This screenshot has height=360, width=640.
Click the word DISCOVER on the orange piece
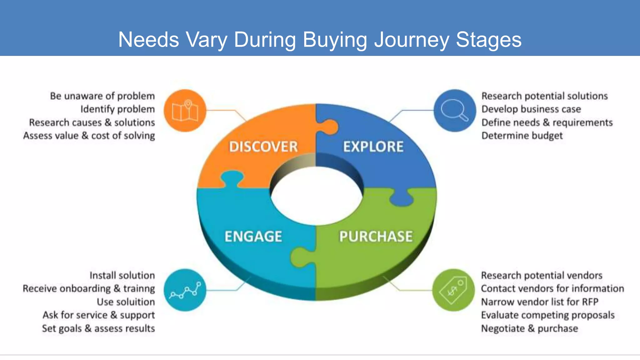pyautogui.click(x=263, y=147)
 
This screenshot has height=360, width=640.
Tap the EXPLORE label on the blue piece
pyautogui.click(x=373, y=147)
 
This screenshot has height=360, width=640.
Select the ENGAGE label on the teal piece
pyautogui.click(x=253, y=236)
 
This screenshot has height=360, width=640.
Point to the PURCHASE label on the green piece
pyautogui.click(x=376, y=236)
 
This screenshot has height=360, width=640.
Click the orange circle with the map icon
pyautogui.click(x=185, y=111)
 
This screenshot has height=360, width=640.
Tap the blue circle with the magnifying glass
pyautogui.click(x=455, y=111)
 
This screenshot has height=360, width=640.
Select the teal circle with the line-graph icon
pyautogui.click(x=185, y=290)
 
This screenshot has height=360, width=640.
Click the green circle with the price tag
pyautogui.click(x=453, y=290)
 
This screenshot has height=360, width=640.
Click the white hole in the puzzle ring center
pyautogui.click(x=316, y=196)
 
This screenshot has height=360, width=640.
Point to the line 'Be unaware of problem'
pyautogui.click(x=102, y=96)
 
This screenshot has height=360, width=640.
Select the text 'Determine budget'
pyautogui.click(x=522, y=136)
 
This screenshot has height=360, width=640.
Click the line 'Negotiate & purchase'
pyautogui.click(x=529, y=328)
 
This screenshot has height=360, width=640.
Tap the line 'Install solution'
pyautogui.click(x=122, y=275)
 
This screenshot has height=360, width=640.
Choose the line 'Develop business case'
pyautogui.click(x=531, y=109)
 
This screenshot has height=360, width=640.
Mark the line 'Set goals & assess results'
pyautogui.click(x=98, y=328)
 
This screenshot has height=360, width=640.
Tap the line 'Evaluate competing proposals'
pyautogui.click(x=547, y=315)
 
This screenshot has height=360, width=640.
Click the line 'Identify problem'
pyautogui.click(x=117, y=109)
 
